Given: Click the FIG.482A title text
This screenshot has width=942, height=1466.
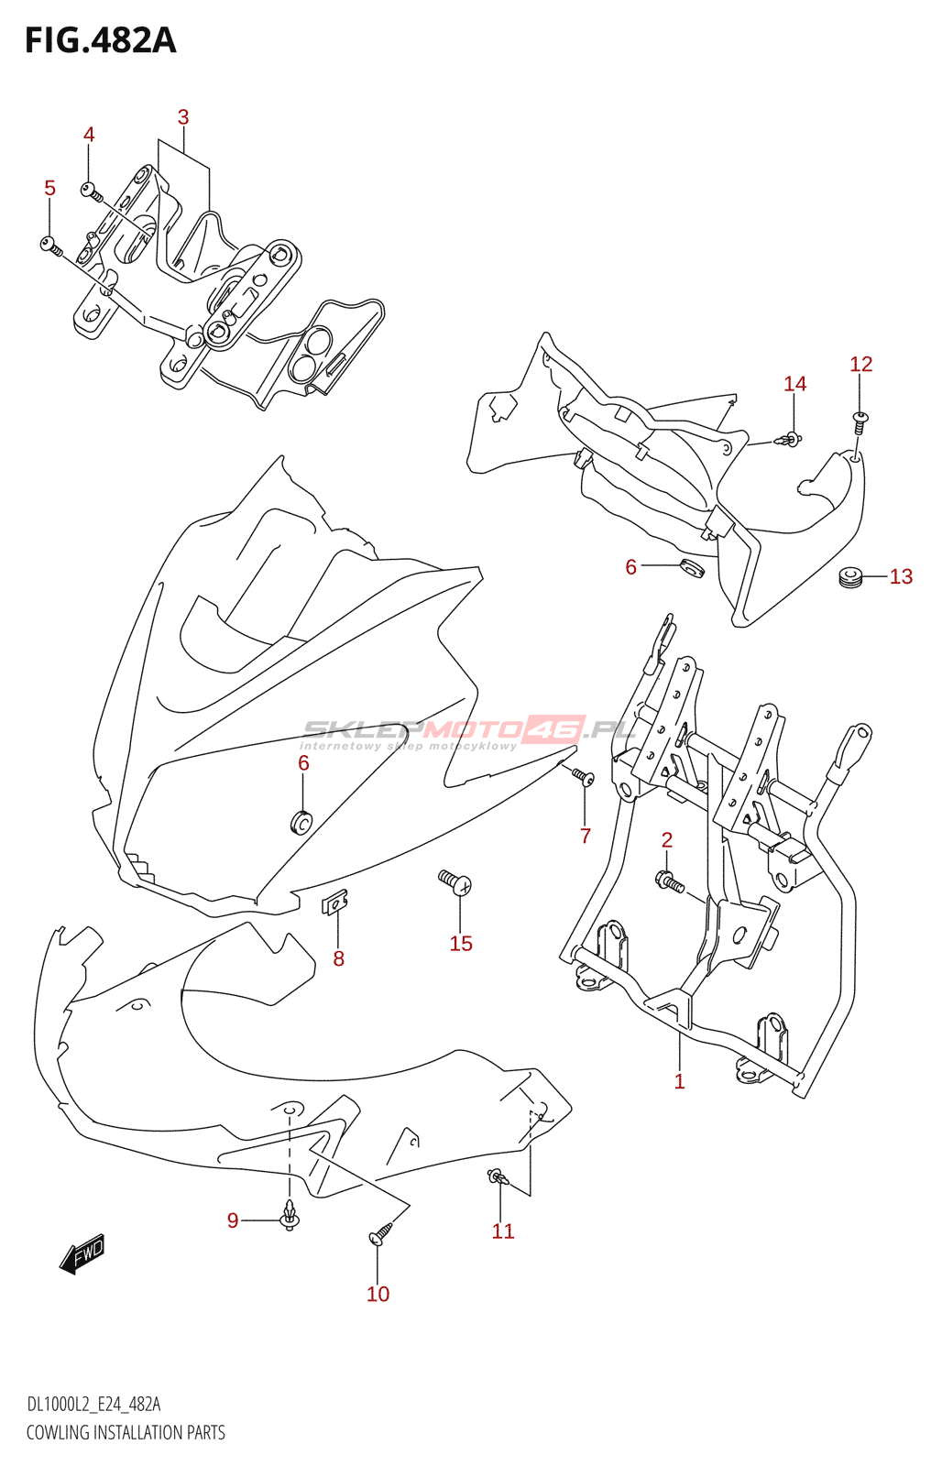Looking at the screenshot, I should [x=100, y=40].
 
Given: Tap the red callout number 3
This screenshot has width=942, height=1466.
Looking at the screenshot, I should [x=183, y=117].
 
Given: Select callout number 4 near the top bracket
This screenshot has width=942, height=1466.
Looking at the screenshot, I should [x=89, y=135].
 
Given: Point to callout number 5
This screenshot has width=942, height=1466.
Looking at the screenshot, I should [x=49, y=188].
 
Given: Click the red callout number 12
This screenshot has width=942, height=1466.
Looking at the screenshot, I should [x=860, y=364].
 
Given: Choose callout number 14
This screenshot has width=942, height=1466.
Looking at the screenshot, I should [x=794, y=384].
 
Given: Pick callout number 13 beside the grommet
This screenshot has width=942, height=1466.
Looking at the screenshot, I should [x=901, y=576].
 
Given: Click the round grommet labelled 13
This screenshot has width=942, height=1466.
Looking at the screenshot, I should [x=851, y=577].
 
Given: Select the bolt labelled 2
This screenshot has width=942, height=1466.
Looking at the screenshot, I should [x=670, y=882].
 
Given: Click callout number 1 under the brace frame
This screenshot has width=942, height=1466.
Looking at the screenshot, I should [x=679, y=1081].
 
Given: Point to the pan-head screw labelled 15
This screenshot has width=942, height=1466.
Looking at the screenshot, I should [x=455, y=882].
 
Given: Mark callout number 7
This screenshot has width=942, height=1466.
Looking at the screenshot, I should [x=585, y=835].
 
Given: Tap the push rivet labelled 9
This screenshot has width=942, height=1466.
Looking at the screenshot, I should [x=290, y=1217].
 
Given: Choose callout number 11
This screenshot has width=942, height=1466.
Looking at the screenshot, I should [x=503, y=1231].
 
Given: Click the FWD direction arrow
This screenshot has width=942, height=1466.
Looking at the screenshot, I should [x=82, y=1253].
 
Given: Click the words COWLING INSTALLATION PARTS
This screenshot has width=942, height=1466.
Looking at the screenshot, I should [x=126, y=1432].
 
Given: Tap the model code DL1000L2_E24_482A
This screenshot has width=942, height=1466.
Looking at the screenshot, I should [x=93, y=1405].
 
